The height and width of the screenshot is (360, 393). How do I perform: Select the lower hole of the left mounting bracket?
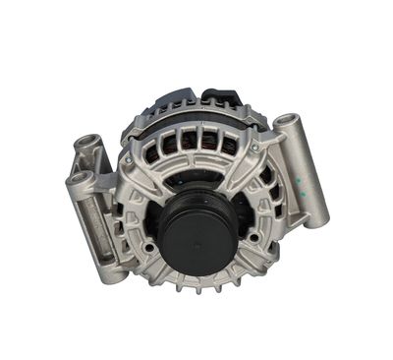[x=79, y=181]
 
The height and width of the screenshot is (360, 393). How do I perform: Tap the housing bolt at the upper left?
[x=129, y=158]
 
